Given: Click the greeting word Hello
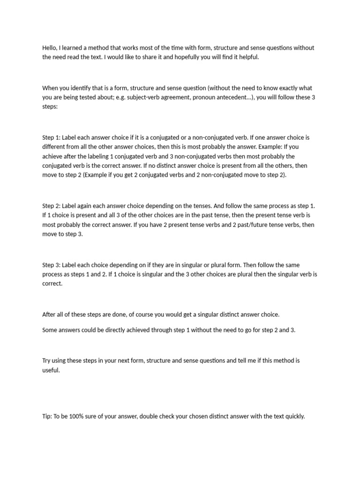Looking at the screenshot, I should (50, 48).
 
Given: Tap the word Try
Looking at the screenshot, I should (47, 360).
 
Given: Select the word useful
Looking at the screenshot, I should (51, 370).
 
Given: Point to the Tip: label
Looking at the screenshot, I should (47, 416).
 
